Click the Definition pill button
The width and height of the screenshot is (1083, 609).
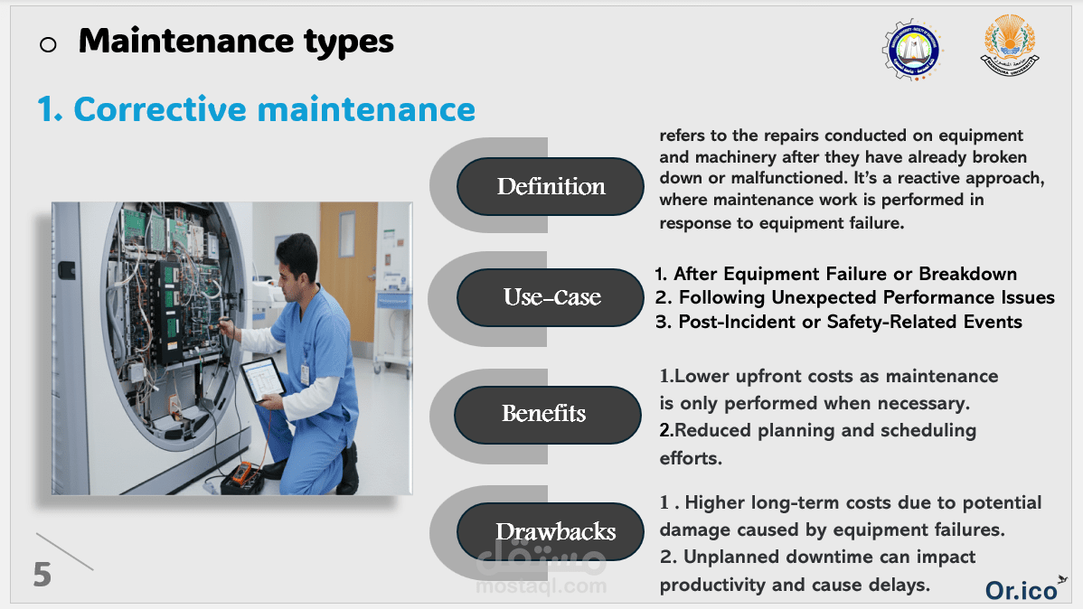pos(551,186)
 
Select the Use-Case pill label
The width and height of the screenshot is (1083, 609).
pos(551,297)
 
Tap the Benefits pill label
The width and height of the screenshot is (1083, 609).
pos(548,415)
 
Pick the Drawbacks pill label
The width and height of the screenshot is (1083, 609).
pos(551,531)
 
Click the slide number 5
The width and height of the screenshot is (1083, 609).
pos(42,575)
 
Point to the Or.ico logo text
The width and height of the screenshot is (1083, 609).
pos(1022,590)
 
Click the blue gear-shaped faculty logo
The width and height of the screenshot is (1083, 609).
pos(912,49)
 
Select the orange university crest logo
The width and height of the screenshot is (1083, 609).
pos(1010,45)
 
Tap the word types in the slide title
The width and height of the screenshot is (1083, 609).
pos(349,42)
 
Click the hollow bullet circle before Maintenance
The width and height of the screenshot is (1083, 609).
pos(48,45)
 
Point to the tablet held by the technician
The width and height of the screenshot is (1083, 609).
pos(262,379)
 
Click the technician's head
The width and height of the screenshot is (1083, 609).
pos(297,261)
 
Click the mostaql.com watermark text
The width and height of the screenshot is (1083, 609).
pos(541,586)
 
